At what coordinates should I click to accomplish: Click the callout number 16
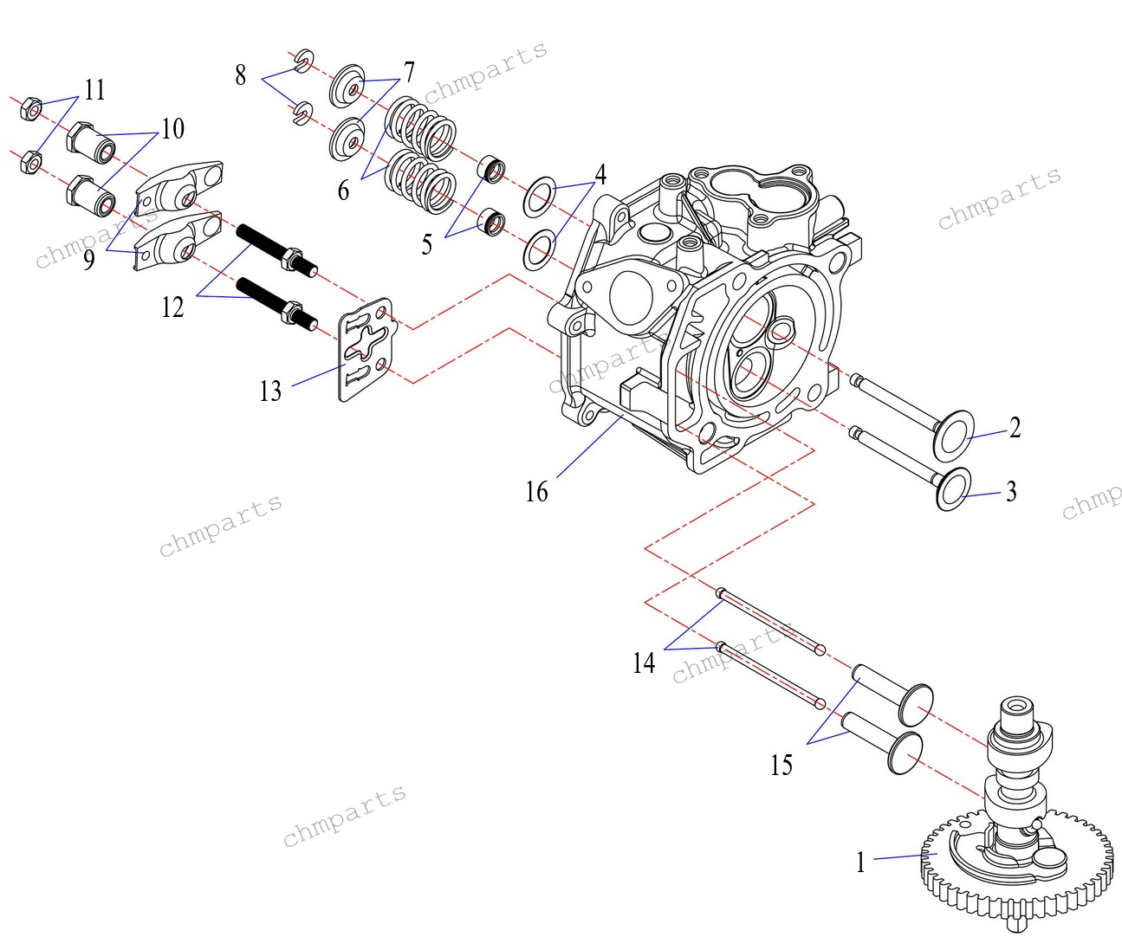(x=536, y=492)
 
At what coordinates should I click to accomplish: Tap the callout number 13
(x=270, y=391)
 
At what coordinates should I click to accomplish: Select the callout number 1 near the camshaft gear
(x=860, y=863)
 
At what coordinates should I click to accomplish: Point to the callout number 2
(x=1015, y=428)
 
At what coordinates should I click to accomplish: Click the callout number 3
(x=1010, y=492)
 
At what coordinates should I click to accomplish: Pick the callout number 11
(x=94, y=90)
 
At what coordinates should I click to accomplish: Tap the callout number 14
(x=644, y=663)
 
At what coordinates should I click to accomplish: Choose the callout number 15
(x=781, y=765)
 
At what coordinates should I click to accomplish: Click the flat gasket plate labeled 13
(x=365, y=351)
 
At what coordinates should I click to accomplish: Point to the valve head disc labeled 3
(x=954, y=488)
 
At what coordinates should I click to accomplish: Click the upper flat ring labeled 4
(x=539, y=196)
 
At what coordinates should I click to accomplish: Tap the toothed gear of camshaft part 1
(x=953, y=892)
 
